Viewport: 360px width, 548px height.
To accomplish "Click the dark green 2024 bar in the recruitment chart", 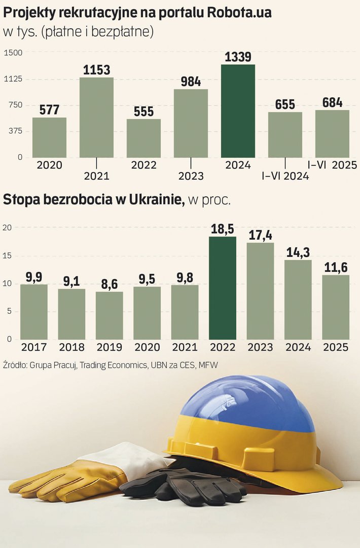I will click(238, 111).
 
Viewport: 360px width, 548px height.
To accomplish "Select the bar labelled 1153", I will click(96, 117).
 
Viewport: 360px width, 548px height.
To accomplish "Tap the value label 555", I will click(143, 111).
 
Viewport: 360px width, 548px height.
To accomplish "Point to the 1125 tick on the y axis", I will click(13, 79).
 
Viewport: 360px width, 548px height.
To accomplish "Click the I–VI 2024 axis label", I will click(285, 176).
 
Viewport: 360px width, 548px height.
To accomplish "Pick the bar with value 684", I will click(332, 133).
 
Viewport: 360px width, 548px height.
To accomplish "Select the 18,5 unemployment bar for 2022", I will click(223, 288).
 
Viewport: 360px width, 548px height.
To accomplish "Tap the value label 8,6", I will click(109, 283).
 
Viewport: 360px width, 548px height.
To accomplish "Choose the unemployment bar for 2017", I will click(34, 312).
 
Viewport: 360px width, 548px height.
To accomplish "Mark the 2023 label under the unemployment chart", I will click(260, 348).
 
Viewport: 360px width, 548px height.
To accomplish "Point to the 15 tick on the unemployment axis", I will click(7, 256).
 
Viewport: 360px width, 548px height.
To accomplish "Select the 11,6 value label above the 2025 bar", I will click(335, 266).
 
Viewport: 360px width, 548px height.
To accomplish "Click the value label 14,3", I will click(298, 252).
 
